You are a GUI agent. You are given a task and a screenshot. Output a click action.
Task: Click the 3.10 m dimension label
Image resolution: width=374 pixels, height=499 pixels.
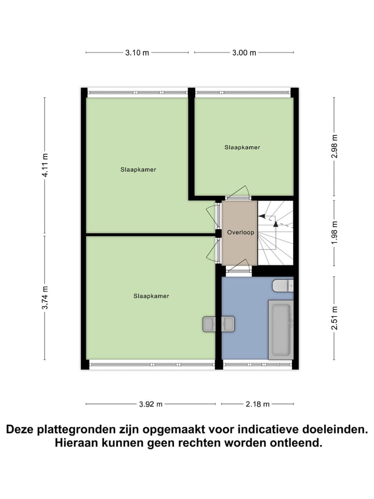click(x=137, y=52)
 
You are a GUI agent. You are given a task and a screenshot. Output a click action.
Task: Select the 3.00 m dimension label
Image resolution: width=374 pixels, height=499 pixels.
click(x=244, y=52)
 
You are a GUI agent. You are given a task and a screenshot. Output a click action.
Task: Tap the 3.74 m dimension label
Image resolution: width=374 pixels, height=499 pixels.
click(x=45, y=298)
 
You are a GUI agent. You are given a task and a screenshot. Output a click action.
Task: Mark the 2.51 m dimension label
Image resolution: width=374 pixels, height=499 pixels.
click(x=335, y=319)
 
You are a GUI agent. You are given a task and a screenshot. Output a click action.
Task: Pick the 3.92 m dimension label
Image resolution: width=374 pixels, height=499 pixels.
click(x=151, y=404)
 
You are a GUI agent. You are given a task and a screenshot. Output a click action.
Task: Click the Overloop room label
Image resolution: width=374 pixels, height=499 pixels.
click(x=241, y=233)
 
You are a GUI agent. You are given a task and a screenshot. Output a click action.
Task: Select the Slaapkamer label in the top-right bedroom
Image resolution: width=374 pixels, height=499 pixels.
click(x=242, y=148)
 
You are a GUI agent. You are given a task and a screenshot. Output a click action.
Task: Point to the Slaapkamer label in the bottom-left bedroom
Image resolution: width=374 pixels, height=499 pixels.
click(x=151, y=296)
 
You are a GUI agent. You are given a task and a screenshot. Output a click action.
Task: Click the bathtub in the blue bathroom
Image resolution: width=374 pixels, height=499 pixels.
click(x=281, y=330)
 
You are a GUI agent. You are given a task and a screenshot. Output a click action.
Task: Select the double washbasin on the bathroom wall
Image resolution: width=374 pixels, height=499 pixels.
click(x=218, y=324)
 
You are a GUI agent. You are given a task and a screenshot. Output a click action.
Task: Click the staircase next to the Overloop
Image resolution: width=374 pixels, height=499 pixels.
click(x=276, y=232)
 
